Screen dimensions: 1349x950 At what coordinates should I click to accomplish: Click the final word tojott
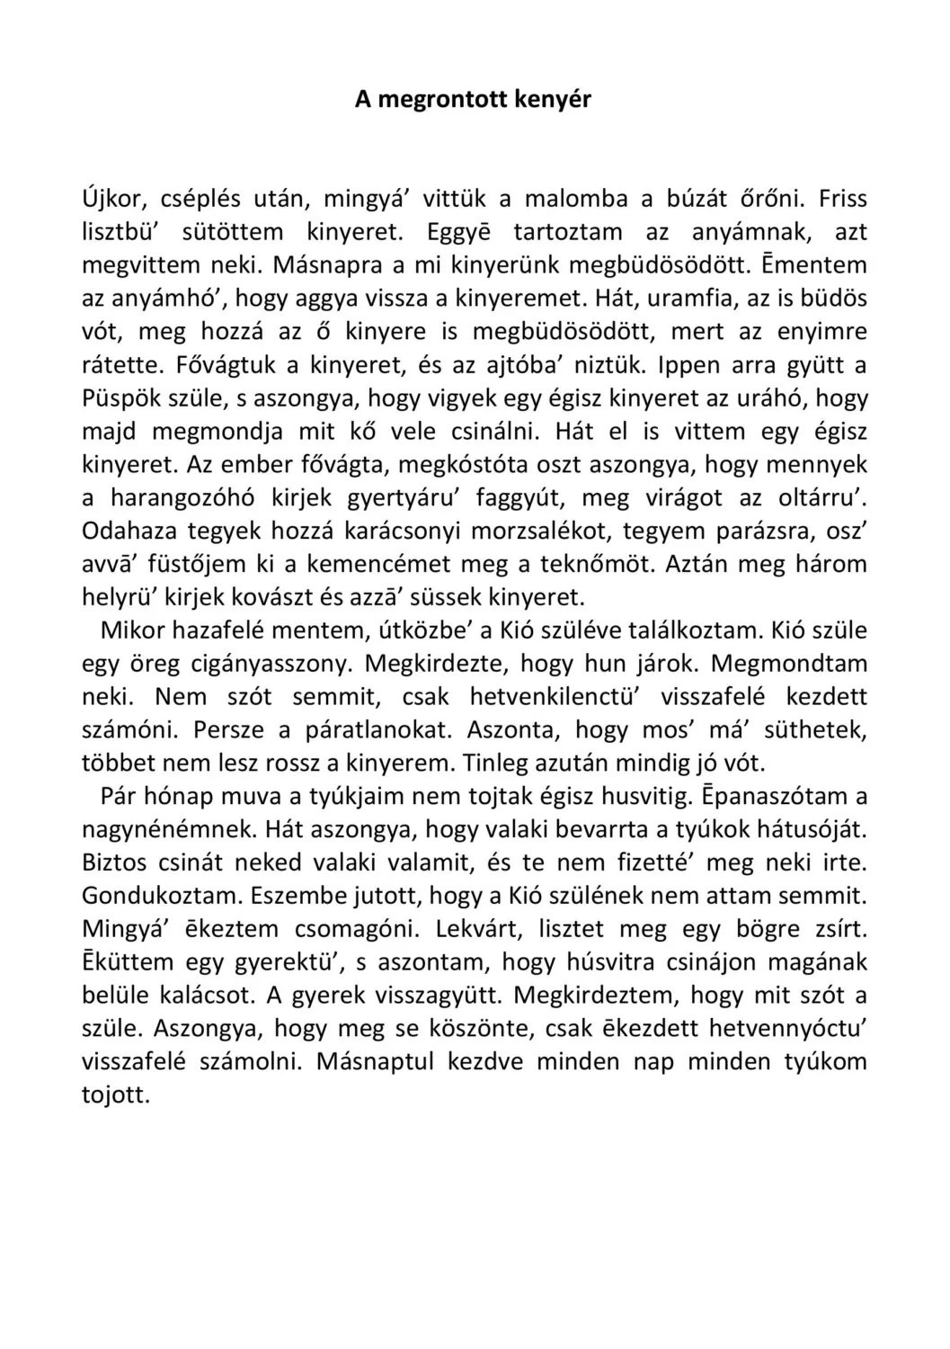point(115,1097)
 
